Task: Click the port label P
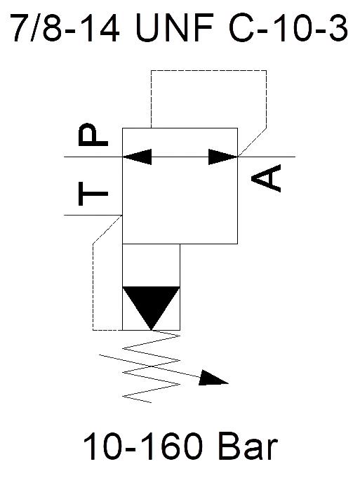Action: pos(93,134)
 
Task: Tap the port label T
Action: pos(93,194)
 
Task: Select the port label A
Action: pos(266,178)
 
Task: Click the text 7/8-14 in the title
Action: pos(65,27)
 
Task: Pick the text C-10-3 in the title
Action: pos(288,27)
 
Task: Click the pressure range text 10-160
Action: pos(143,446)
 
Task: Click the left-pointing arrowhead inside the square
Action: pos(138,157)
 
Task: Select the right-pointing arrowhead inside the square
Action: pos(223,157)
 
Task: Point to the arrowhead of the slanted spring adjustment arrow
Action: pos(213,378)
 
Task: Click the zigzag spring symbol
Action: pos(151,366)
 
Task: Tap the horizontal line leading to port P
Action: pos(93,157)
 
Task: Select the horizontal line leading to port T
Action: pos(93,215)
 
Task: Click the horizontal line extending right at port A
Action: pos(267,157)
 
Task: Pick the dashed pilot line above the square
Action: pos(209,70)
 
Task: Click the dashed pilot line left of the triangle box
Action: pos(93,286)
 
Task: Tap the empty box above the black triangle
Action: pos(151,265)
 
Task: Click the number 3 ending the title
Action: pos(338,27)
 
